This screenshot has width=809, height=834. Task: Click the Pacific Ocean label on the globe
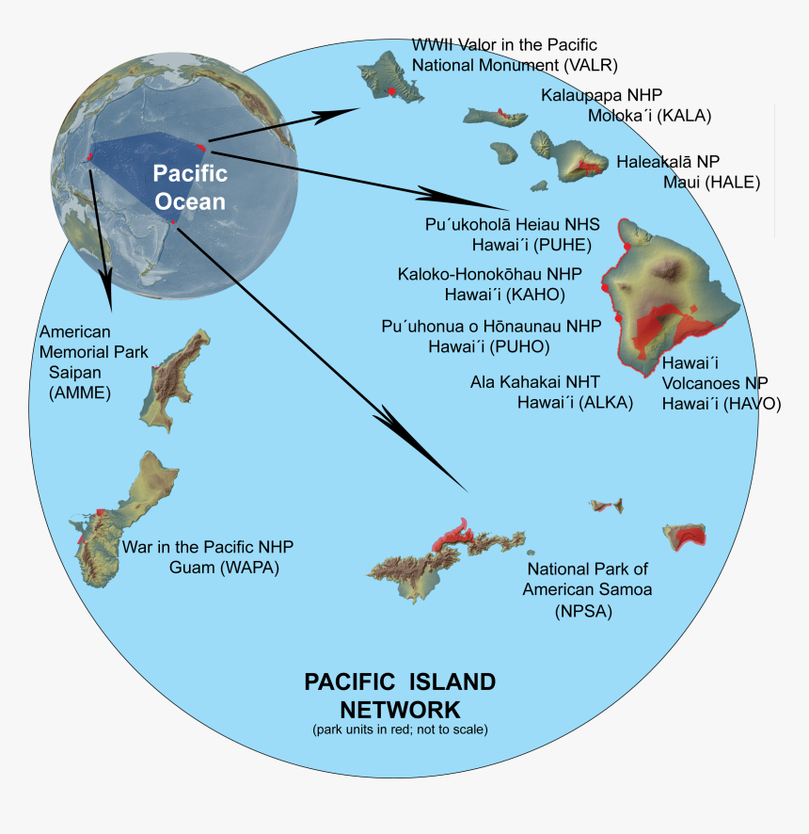(190, 186)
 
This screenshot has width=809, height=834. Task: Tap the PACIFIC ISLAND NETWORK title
(399, 695)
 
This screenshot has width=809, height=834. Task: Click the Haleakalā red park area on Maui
(589, 166)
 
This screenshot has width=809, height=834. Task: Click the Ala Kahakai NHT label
(551, 392)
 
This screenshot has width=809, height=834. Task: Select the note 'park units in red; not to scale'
(400, 730)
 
